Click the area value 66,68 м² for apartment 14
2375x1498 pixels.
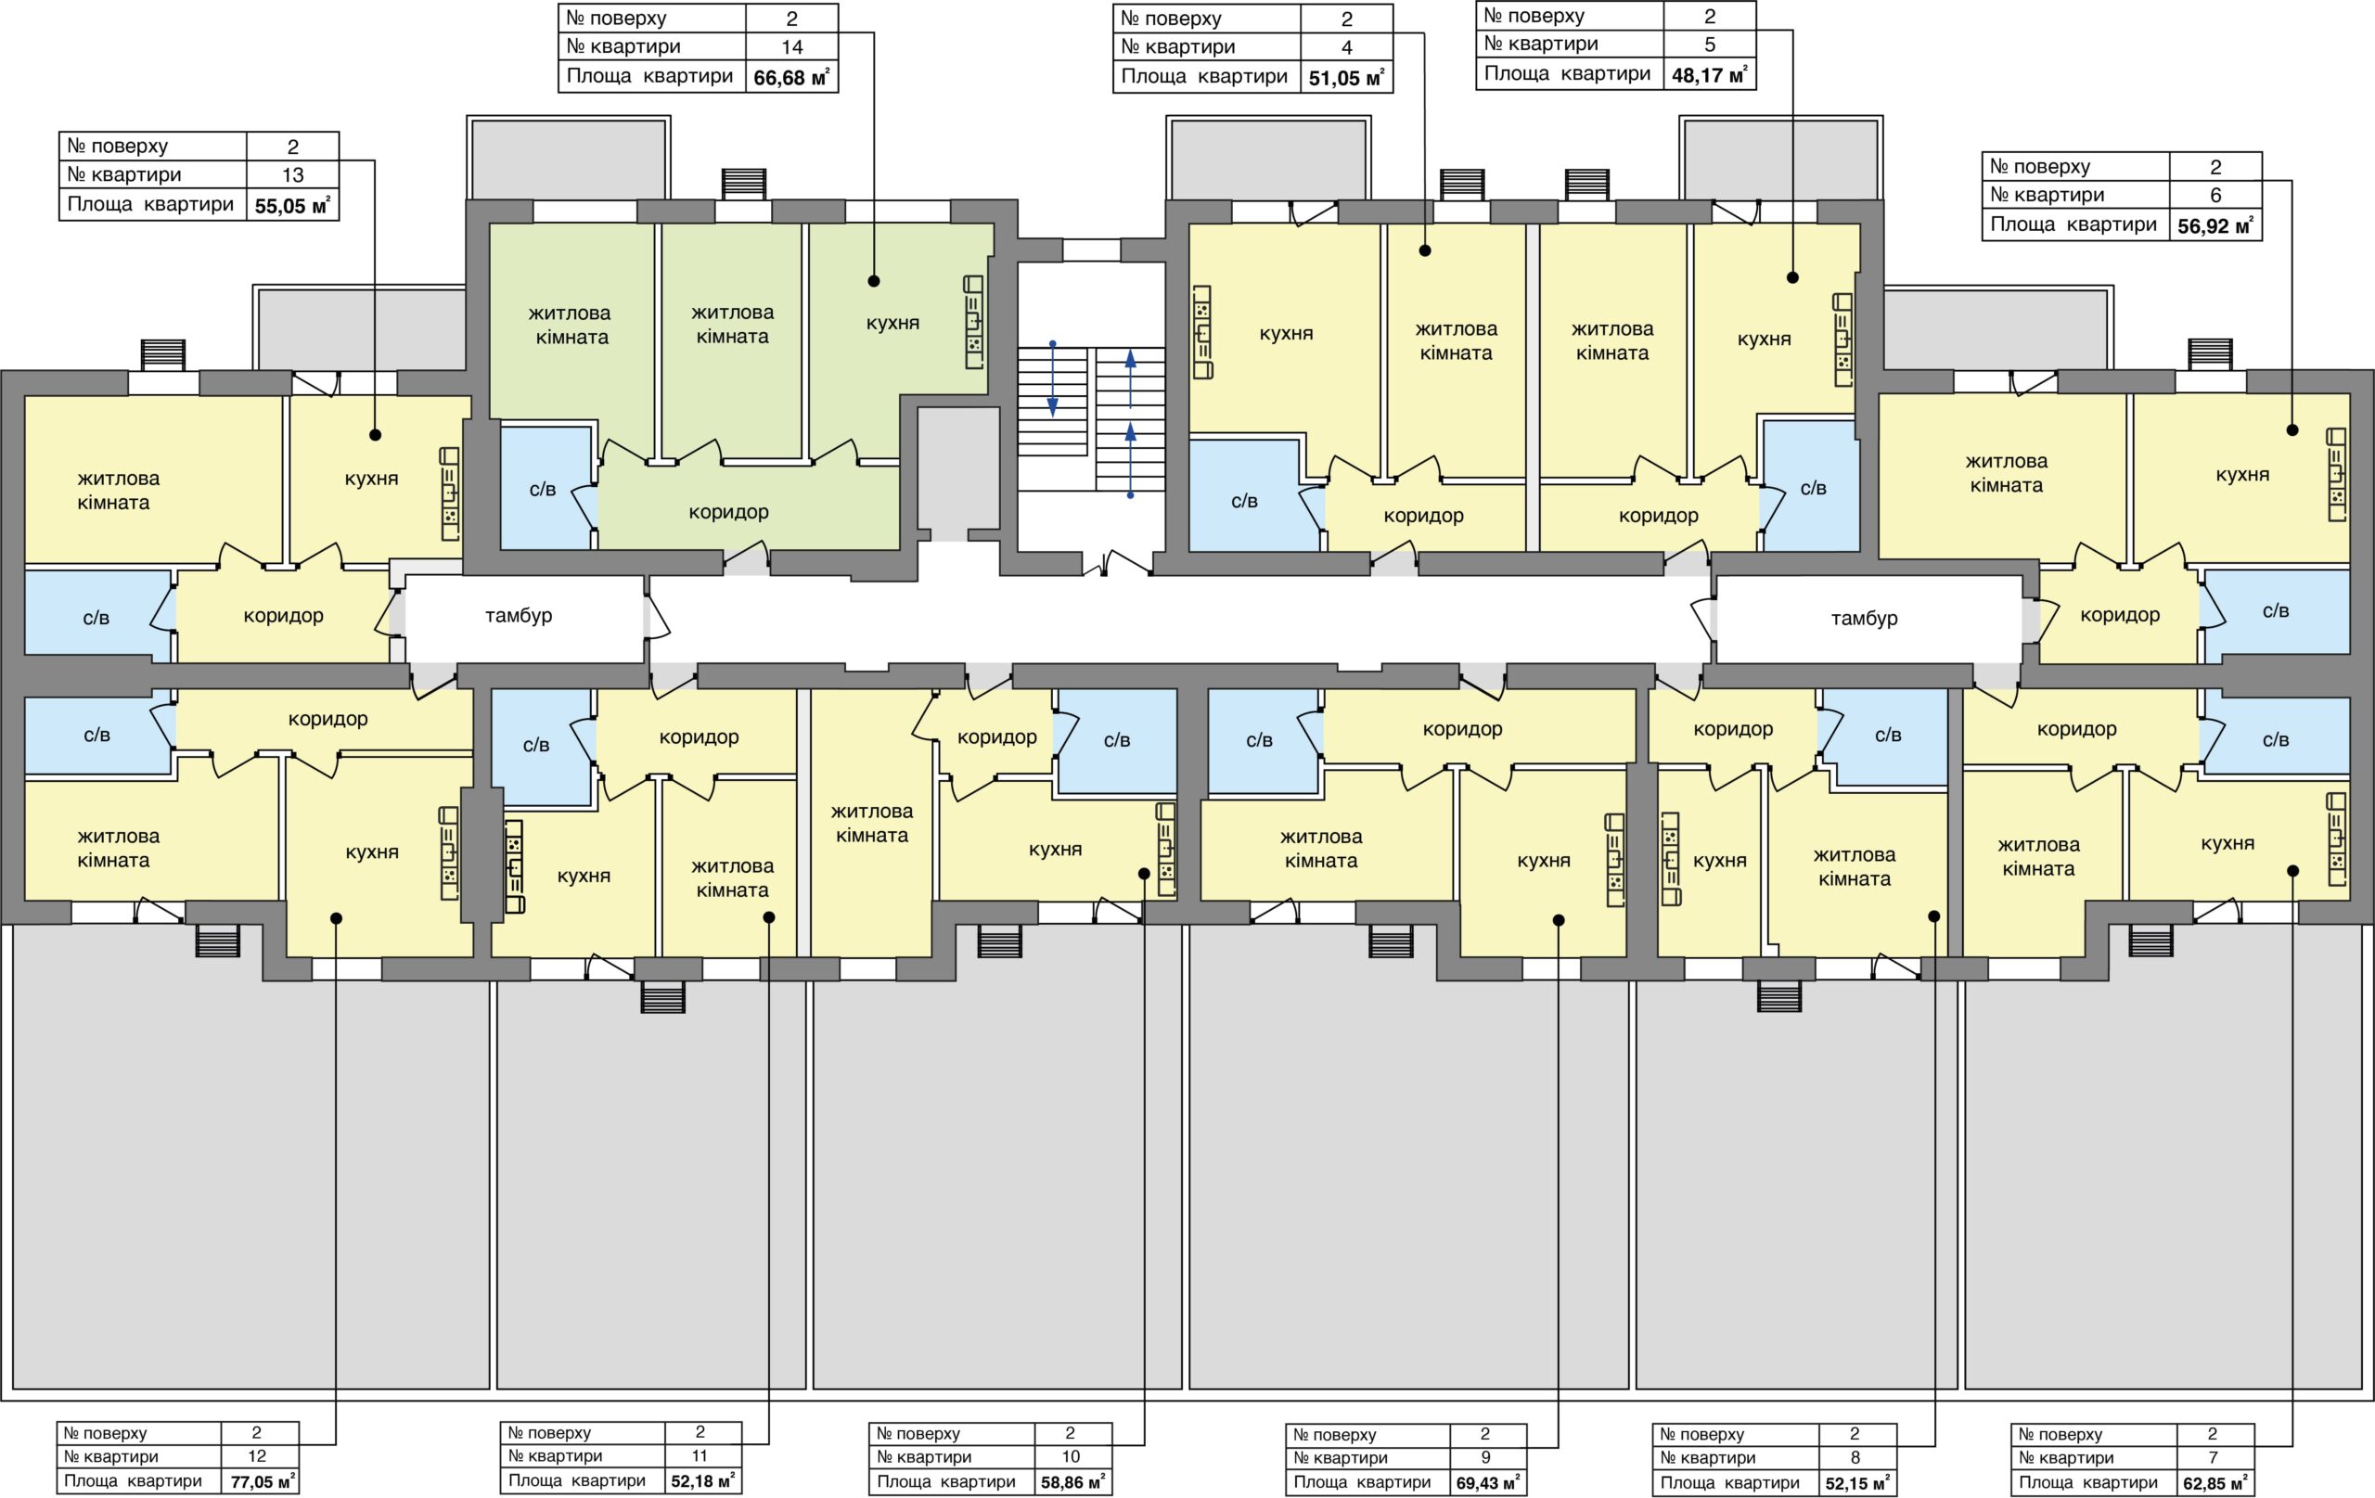pyautogui.click(x=791, y=77)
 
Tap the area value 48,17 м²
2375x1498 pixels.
pyautogui.click(x=1710, y=74)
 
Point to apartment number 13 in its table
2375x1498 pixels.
pyautogui.click(x=293, y=174)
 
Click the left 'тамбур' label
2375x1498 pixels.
pyautogui.click(x=519, y=615)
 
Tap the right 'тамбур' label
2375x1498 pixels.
pyautogui.click(x=1864, y=619)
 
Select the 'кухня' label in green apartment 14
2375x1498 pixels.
pyautogui.click(x=892, y=323)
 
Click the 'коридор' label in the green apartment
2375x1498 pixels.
pyautogui.click(x=729, y=512)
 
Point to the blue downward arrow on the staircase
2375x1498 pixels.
pyautogui.click(x=1052, y=378)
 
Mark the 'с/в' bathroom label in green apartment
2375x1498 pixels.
pyautogui.click(x=543, y=489)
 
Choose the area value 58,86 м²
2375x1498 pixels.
pyautogui.click(x=1072, y=1481)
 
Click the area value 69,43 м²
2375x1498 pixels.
pyautogui.click(x=1488, y=1482)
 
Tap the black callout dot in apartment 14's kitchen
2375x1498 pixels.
pyautogui.click(x=874, y=281)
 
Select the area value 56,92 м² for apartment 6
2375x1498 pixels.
pyautogui.click(x=2215, y=225)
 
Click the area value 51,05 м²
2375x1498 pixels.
pyautogui.click(x=1346, y=78)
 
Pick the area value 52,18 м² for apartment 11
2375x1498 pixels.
pyautogui.click(x=702, y=1480)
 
